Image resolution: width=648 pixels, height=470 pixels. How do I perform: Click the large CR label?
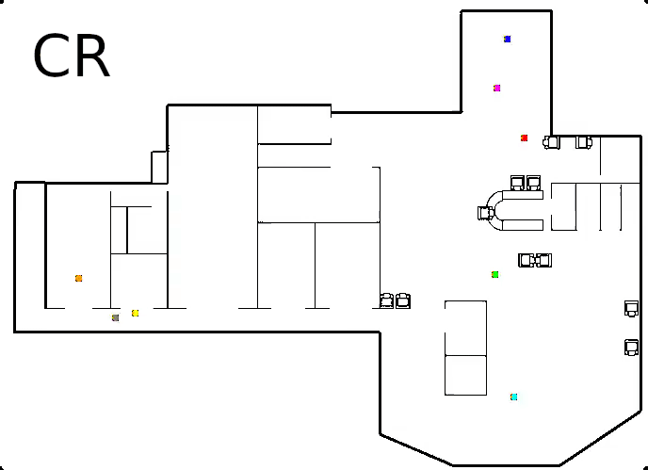click(72, 57)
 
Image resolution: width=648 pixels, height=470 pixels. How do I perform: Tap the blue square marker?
click(507, 40)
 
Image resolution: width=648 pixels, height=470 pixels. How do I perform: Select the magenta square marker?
click(496, 89)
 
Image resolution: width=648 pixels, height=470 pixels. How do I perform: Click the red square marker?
click(525, 138)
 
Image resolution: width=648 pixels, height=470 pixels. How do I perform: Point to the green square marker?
click(494, 275)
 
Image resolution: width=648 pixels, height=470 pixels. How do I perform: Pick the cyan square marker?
click(513, 397)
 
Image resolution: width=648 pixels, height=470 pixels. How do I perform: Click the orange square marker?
click(78, 279)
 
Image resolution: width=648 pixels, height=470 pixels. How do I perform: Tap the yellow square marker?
click(136, 313)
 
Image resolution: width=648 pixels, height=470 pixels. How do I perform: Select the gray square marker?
click(115, 318)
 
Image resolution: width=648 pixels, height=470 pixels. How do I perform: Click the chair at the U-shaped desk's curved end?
click(485, 213)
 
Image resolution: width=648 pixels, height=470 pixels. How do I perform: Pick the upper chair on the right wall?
click(631, 308)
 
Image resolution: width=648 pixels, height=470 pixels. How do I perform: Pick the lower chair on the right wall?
click(631, 348)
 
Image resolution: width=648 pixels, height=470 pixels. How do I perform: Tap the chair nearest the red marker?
click(552, 142)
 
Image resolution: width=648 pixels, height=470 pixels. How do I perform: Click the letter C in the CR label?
click(51, 57)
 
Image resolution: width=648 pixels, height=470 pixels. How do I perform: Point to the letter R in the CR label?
click(93, 57)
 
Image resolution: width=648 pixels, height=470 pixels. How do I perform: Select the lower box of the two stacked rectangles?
click(465, 375)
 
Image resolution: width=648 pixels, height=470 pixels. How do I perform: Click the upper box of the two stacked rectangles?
click(465, 328)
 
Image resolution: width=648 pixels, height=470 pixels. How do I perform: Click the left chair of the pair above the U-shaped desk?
click(517, 182)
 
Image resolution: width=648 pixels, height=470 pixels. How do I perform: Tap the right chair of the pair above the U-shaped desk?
click(533, 182)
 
